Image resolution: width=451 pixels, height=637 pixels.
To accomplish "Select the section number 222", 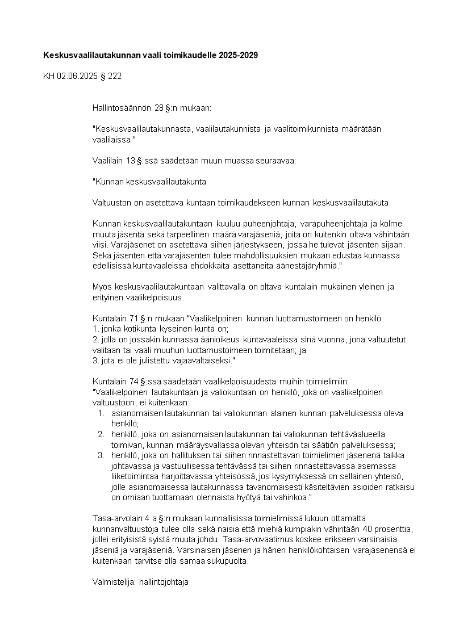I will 114,76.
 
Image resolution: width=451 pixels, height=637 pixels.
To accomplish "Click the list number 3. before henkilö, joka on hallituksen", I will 101,455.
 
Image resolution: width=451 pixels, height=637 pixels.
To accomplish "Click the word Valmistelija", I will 113,582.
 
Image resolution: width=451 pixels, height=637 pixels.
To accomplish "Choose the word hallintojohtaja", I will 168,582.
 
